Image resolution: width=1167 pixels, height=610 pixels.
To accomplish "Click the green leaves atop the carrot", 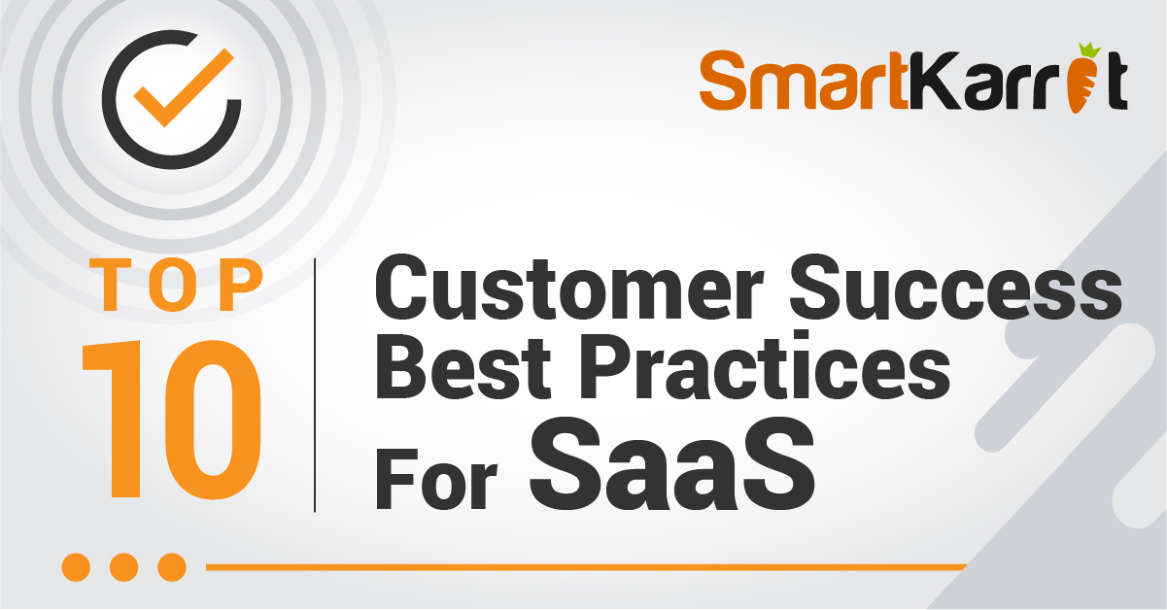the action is [1089, 50].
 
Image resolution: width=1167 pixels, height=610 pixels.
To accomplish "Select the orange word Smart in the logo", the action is [805, 80].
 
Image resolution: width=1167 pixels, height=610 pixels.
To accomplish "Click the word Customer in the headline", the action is [569, 287].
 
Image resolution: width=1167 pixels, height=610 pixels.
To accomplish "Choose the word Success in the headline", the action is [956, 287].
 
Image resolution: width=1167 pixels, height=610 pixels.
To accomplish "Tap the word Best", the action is [463, 367].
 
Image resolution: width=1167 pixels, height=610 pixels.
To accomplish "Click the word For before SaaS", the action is [436, 479].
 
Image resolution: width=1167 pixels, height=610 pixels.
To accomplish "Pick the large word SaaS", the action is [672, 463].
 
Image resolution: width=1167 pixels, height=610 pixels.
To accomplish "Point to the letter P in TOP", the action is [240, 285].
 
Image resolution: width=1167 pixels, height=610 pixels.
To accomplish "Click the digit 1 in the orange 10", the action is [117, 420].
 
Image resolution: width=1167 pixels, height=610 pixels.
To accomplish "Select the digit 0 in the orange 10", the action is [213, 420].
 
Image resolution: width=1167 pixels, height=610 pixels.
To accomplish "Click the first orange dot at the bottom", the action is [76, 567].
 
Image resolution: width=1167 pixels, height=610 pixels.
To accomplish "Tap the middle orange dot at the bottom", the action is [124, 567].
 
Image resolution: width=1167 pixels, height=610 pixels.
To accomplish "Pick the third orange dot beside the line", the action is [172, 567].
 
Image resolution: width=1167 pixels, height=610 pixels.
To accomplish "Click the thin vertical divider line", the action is [315, 386].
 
